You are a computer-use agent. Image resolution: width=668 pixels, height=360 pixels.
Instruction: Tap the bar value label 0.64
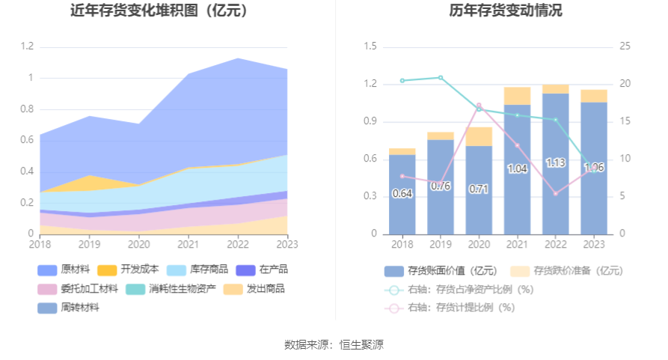coord(402,194)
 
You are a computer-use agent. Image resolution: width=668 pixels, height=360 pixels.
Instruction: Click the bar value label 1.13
coord(555,162)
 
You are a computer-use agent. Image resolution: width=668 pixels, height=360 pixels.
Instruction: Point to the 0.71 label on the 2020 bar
coord(479,189)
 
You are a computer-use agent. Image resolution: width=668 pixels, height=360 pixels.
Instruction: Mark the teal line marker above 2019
coord(441,77)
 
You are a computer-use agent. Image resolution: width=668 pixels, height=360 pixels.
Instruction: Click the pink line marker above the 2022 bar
coord(556,194)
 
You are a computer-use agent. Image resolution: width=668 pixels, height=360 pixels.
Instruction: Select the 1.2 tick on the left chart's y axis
coord(27,46)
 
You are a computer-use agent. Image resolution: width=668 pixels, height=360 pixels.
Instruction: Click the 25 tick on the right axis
coord(625,46)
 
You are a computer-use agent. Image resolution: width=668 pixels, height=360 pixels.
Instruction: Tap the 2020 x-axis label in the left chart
coord(138,243)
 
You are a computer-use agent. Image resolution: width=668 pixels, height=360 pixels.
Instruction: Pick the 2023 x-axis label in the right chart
coord(594,243)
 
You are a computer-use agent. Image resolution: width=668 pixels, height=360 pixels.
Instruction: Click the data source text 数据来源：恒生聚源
coord(334,345)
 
